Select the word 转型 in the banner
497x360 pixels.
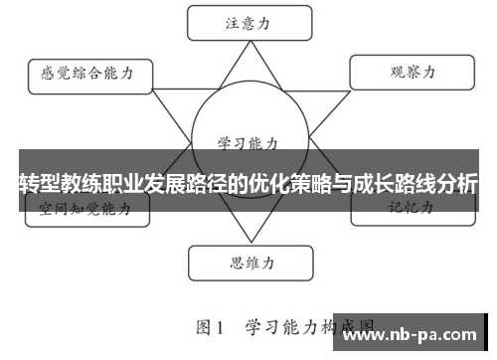pos(41,184)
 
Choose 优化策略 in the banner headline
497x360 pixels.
pos(291,184)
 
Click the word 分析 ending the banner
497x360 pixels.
pos(456,184)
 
